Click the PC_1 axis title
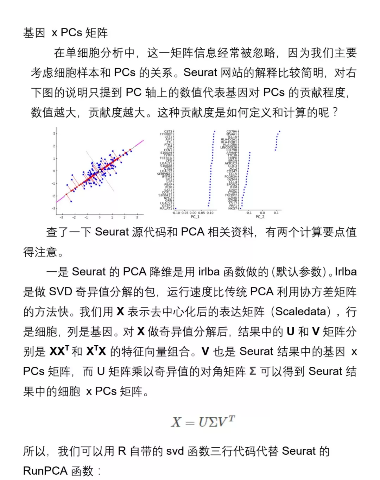pyautogui.click(x=195, y=217)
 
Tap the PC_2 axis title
pyautogui.click(x=260, y=217)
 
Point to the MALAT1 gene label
pyautogui.click(x=166, y=208)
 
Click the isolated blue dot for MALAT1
pyautogui.click(x=176, y=208)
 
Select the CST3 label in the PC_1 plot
pyautogui.click(x=168, y=132)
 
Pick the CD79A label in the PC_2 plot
pyautogui.click(x=232, y=132)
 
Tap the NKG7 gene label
pyautogui.click(x=233, y=208)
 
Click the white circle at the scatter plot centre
pyautogui.click(x=100, y=171)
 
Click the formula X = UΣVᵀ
pyautogui.click(x=203, y=421)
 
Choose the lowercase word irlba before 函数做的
pyautogui.click(x=209, y=272)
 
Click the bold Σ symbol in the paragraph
pyautogui.click(x=252, y=371)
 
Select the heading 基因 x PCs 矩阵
pyautogui.click(x=65, y=33)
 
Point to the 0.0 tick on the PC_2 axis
pyautogui.click(x=262, y=213)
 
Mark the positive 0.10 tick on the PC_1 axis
pyautogui.click(x=210, y=213)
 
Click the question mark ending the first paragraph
pyautogui.click(x=335, y=113)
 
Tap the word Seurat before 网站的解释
pyautogui.click(x=200, y=72)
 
